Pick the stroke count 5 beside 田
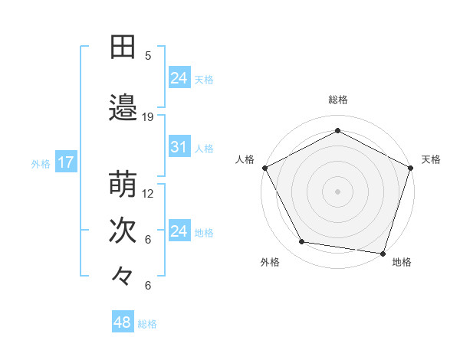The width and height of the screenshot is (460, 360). [x=148, y=56]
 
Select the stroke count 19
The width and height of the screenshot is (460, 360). [x=148, y=117]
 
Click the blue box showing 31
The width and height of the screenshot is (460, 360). [x=179, y=147]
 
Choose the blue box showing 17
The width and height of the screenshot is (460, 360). [x=65, y=162]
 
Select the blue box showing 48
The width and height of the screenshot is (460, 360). [x=122, y=322]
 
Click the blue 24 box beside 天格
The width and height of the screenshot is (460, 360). [x=179, y=77]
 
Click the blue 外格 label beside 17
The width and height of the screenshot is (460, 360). [x=41, y=163]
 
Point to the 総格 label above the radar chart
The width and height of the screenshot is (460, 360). [x=338, y=100]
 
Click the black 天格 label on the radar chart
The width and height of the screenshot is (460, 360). [x=431, y=159]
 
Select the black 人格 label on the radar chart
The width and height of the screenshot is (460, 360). [x=245, y=159]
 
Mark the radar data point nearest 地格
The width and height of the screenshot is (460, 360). [x=383, y=253]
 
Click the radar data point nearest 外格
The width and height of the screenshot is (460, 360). [x=302, y=242]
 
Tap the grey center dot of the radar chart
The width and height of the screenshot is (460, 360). [x=338, y=191]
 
